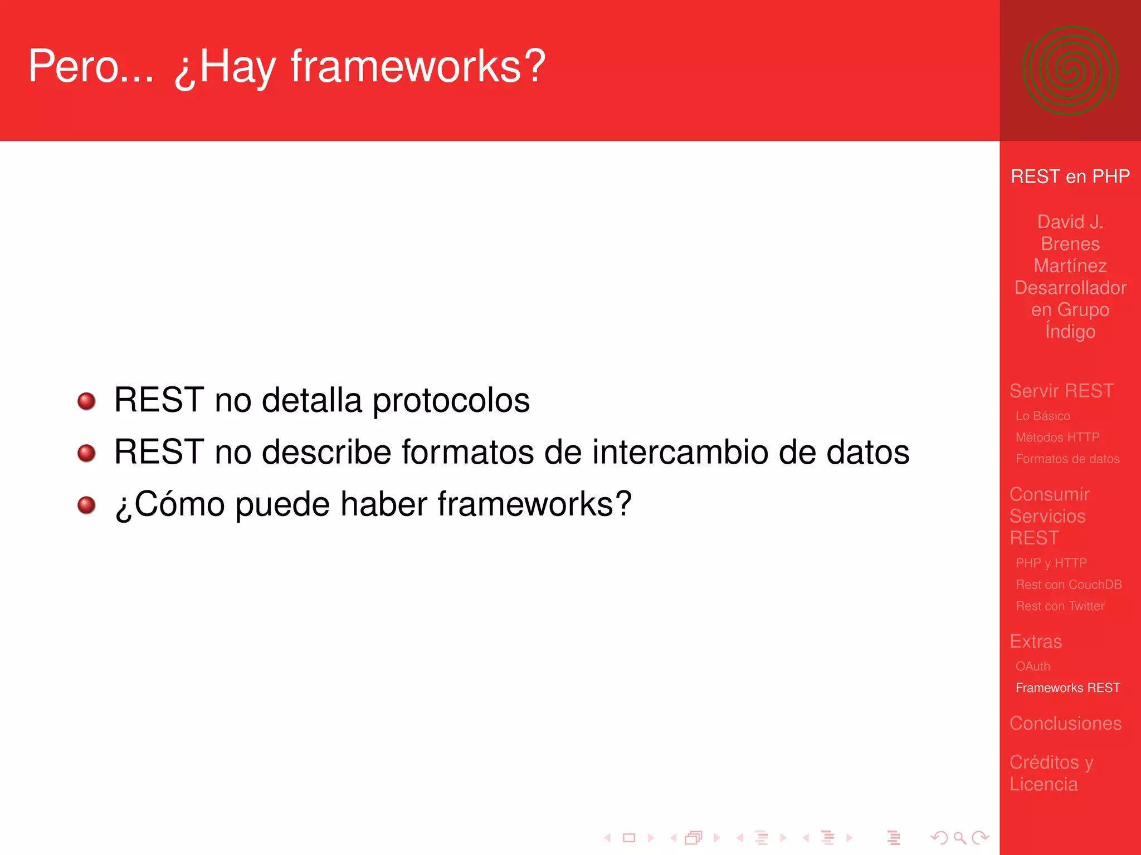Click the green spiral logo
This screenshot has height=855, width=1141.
[1070, 71]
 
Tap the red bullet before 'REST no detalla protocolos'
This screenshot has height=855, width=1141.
[86, 401]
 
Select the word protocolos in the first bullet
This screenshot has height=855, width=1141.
[451, 401]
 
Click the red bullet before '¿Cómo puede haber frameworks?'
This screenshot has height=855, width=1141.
[86, 505]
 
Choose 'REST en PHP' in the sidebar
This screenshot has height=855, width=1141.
[1070, 176]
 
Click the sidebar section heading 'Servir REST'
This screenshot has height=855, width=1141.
[1061, 391]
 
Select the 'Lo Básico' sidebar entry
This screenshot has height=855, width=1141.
[1042, 416]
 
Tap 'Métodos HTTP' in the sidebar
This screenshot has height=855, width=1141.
[1057, 438]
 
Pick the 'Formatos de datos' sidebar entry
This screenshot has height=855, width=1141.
[1067, 459]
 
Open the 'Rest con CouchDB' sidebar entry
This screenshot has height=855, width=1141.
[1068, 584]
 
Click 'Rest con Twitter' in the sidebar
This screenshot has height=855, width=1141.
[1060, 606]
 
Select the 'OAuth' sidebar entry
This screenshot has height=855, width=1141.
[1032, 666]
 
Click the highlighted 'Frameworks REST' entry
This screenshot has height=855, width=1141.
[1067, 688]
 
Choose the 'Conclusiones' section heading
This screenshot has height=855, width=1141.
[1065, 723]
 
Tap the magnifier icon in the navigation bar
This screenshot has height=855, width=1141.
[959, 838]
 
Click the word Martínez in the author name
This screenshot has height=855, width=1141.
[1070, 266]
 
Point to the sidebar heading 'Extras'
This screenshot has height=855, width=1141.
[1036, 641]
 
